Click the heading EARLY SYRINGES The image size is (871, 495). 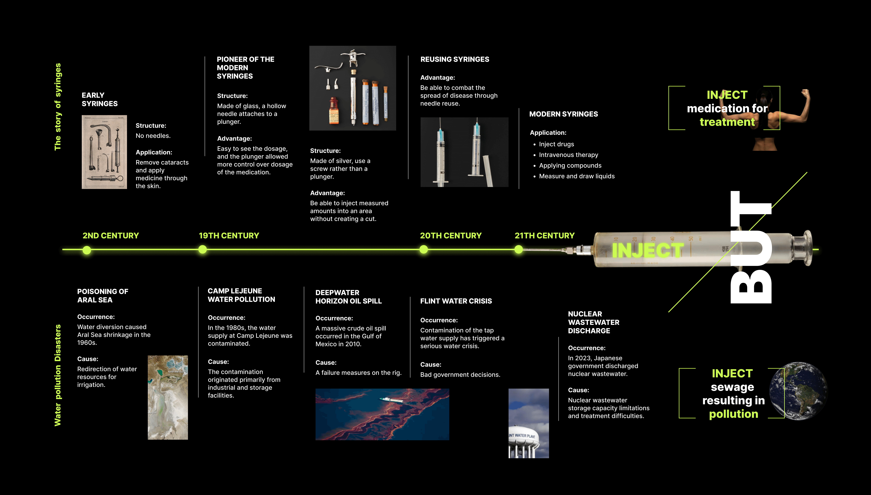point(100,99)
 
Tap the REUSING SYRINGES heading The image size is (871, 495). point(455,59)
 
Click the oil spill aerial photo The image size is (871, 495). point(382,414)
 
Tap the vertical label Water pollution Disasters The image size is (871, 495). point(58,375)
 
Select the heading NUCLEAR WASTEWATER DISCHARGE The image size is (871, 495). point(593,322)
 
